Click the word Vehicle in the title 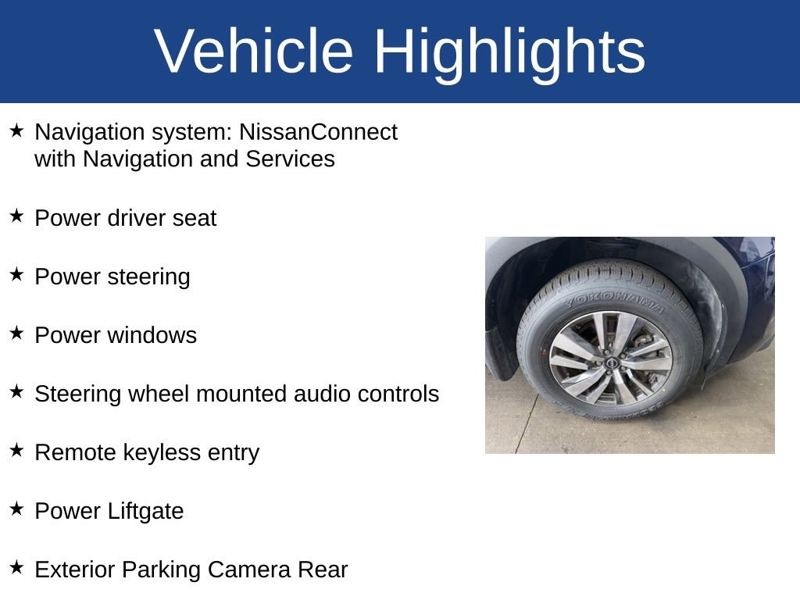[254, 52]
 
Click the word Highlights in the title [509, 52]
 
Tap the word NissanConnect [318, 132]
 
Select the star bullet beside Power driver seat [17, 216]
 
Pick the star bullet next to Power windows [17, 333]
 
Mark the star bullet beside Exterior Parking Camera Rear [17, 567]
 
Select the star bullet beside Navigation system [17, 130]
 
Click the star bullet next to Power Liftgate [17, 509]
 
